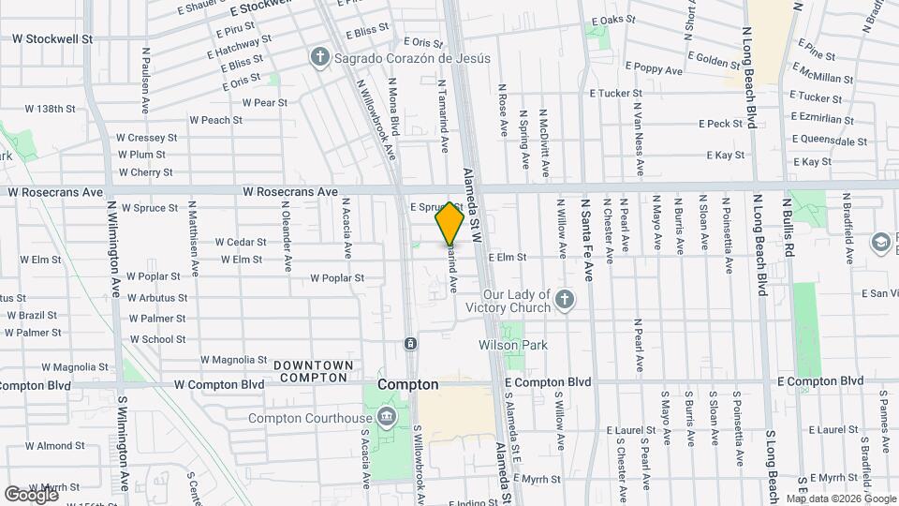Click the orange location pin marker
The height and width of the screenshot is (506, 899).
coord(449,223)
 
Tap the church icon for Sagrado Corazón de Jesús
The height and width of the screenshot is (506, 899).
coord(320,58)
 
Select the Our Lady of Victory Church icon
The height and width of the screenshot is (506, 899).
coord(563,300)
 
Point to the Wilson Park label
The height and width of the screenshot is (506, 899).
coord(512,346)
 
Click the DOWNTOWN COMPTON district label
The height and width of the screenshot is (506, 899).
coord(314,371)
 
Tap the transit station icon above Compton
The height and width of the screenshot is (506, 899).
coord(410,344)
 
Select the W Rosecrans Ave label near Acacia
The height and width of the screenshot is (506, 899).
coord(277,191)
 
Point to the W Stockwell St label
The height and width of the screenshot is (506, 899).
coord(52,39)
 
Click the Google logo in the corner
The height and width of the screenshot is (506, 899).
coord(32,494)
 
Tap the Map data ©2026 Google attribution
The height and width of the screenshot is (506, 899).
coord(841,499)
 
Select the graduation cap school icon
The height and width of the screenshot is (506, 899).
coord(881,243)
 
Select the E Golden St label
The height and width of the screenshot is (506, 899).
coord(719,61)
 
